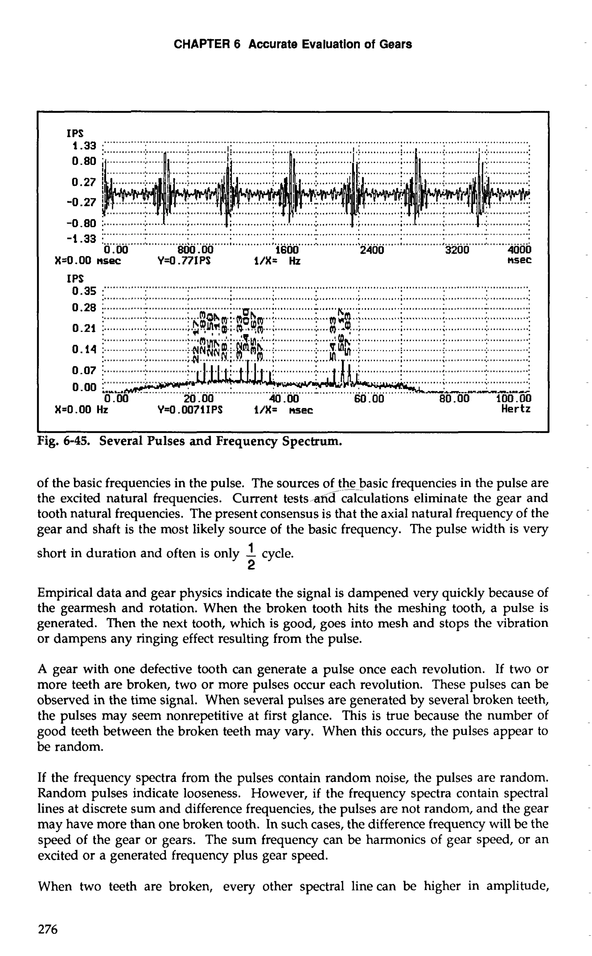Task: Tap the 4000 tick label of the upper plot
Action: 519,250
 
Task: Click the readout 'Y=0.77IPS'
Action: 184,260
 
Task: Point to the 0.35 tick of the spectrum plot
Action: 84,291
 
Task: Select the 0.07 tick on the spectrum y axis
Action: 84,370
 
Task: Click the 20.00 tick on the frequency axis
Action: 199,399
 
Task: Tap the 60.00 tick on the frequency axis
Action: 369,399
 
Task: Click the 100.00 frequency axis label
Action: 514,399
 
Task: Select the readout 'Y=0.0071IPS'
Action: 190,410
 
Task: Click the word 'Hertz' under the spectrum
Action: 516,409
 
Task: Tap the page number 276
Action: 48,929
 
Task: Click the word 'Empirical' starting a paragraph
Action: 65,593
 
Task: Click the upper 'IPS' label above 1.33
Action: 75,133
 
